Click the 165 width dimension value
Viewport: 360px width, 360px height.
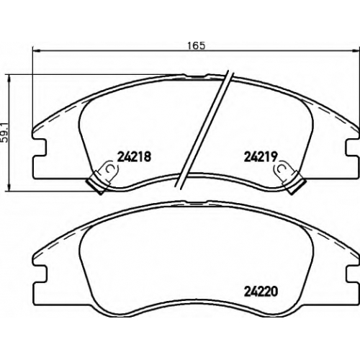click(x=197, y=45)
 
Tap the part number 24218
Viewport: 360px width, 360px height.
click(x=134, y=156)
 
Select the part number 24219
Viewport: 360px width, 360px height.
click(x=261, y=156)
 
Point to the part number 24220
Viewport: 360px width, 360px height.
click(x=261, y=292)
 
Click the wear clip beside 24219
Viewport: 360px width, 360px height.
click(x=289, y=176)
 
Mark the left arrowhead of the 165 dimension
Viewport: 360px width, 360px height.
click(x=36, y=50)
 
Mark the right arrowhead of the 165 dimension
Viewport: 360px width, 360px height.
click(x=356, y=50)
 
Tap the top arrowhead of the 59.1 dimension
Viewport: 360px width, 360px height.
click(x=9, y=78)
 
